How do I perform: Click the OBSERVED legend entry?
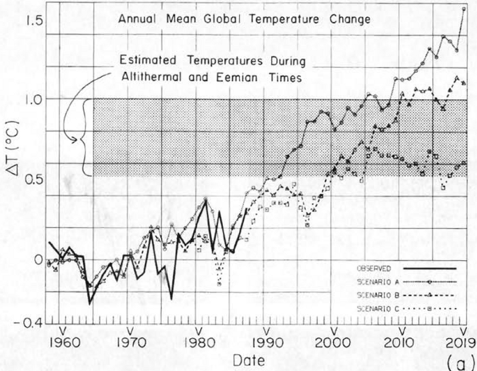(373, 269)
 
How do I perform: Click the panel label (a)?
(462, 361)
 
